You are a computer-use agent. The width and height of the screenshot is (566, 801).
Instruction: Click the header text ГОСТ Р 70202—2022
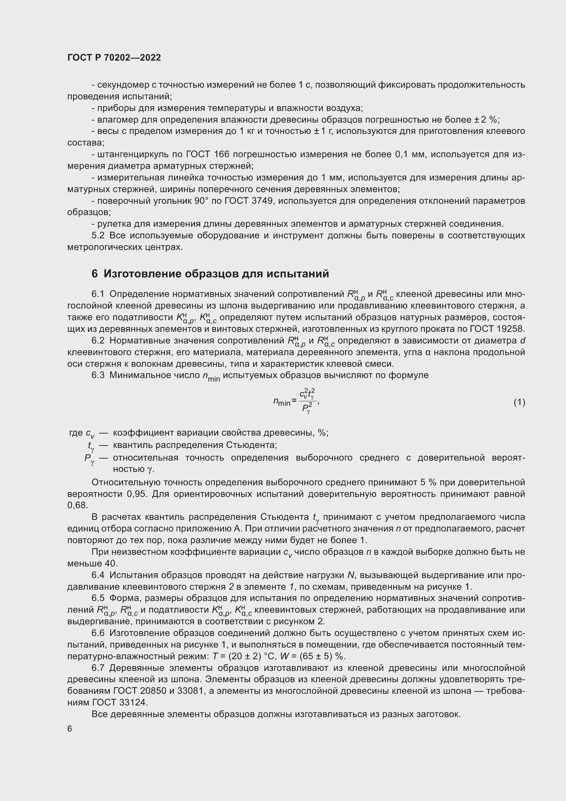[x=114, y=58]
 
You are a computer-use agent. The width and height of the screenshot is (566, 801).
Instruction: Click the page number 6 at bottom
[x=70, y=729]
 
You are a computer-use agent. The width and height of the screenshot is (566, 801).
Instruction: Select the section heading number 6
[x=94, y=274]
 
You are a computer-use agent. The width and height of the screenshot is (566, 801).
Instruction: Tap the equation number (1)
[x=519, y=402]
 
